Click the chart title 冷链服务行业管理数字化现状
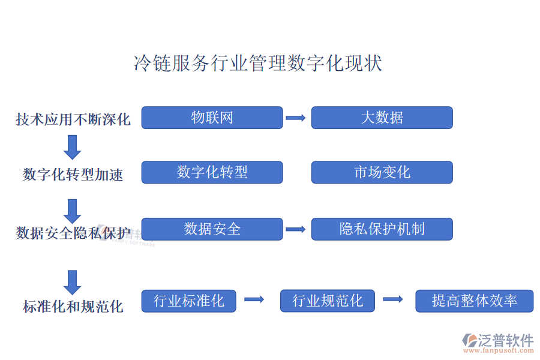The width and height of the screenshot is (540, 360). pos(258,63)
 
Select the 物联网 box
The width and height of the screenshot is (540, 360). pos(212,118)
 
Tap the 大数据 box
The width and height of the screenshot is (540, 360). pos(382,118)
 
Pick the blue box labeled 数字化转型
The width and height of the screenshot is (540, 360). pos(212,172)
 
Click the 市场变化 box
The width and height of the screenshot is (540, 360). pos(382,172)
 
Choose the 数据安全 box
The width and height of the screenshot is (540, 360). pos(212,229)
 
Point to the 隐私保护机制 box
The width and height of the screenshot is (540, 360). pos(382,229)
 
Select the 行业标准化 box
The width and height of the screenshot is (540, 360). pos(189,301)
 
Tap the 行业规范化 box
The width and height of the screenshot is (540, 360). pos(328,301)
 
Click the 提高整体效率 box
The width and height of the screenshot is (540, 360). pos(475,301)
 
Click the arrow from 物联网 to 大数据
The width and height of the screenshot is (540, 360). pos(296,118)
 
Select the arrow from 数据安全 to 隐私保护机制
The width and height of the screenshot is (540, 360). pos(296,229)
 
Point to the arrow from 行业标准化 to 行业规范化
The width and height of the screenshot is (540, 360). pos(254,299)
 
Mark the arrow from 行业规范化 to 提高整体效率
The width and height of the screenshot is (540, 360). pos(393,299)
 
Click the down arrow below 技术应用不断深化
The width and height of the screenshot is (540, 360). pos(73,148)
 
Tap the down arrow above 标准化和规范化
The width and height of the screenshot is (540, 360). pos(73,283)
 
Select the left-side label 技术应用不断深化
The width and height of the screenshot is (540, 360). pos(73,119)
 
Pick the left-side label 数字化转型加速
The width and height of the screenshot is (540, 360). pos(73,175)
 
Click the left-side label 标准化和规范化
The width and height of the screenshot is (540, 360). pos(73,306)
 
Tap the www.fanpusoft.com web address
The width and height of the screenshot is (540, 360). pos(499,350)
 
